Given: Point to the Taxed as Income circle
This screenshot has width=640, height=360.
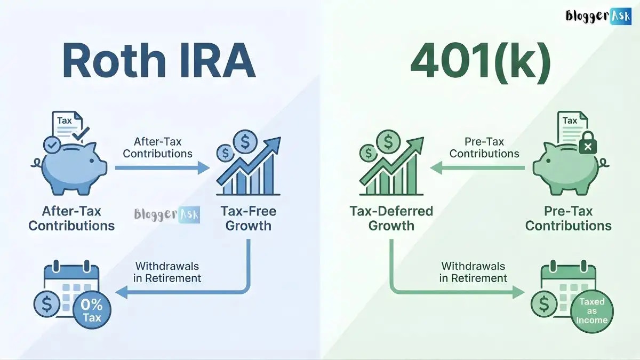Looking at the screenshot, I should pos(592,311).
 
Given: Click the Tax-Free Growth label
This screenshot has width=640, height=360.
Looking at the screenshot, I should pos(248,218).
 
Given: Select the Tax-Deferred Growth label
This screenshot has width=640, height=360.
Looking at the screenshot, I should pos(391,218).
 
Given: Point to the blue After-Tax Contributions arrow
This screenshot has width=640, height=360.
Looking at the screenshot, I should pos(163,168).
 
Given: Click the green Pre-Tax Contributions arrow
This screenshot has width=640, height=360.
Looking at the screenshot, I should pos(477,168).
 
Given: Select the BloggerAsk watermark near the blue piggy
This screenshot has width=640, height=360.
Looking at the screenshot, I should pos(166,214).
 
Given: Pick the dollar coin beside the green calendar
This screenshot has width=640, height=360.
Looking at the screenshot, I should pos(545,305).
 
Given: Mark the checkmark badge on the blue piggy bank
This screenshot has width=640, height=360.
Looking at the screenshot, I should pos(52,143).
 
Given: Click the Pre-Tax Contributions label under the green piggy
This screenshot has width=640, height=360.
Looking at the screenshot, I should pos(568,218).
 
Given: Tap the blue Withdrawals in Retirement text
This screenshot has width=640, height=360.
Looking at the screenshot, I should pos(167,271).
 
